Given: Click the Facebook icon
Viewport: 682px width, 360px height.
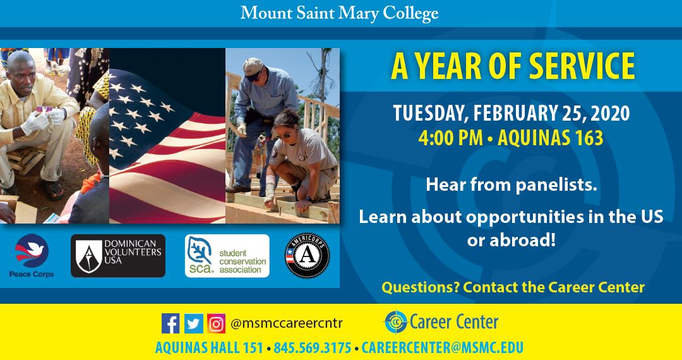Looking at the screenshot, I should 170,323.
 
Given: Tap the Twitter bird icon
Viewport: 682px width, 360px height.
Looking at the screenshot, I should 193,323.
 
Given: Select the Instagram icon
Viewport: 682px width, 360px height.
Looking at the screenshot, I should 216,323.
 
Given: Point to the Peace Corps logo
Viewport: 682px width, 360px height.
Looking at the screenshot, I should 32,255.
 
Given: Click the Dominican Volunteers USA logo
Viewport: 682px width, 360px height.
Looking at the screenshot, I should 118,255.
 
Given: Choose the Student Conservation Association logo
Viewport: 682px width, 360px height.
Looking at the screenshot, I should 227,256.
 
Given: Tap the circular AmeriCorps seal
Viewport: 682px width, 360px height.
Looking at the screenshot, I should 307,256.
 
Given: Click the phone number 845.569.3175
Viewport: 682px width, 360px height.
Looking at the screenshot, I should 313,348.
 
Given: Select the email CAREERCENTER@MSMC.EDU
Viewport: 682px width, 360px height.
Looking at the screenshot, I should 442,348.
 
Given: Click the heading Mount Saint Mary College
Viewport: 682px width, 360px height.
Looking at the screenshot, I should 339,13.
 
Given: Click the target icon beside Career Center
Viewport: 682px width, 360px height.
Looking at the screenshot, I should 395,322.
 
